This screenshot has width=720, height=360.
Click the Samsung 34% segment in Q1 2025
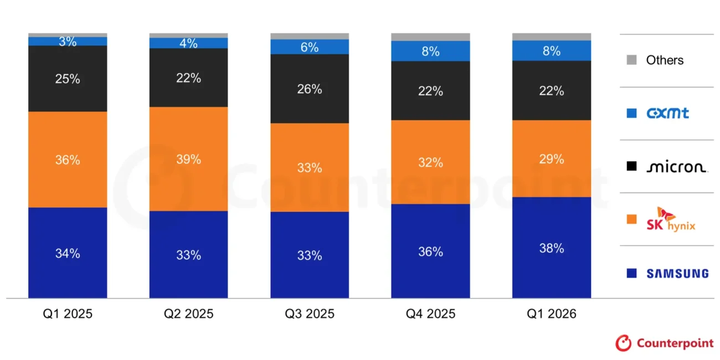68,253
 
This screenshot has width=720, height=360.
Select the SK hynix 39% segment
189,159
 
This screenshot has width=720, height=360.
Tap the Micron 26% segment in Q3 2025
310,89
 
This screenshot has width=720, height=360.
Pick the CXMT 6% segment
310,47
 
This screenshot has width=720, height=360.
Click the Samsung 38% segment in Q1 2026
552,248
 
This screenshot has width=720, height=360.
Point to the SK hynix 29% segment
552,159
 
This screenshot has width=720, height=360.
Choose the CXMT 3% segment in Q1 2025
68,42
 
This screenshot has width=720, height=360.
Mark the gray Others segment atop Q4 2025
430,37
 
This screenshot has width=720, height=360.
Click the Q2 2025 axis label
189,313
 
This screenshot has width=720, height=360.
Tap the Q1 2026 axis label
552,313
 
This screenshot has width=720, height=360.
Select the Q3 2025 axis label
310,313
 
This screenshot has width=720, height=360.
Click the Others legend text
665,60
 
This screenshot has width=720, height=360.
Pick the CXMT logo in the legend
667,113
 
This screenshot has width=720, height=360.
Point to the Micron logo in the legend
677,166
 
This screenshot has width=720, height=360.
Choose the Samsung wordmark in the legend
677,274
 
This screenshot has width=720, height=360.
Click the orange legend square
631,219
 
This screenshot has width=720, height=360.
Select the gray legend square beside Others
631,60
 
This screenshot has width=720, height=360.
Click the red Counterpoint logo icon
624,343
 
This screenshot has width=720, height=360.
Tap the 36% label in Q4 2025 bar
430,251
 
